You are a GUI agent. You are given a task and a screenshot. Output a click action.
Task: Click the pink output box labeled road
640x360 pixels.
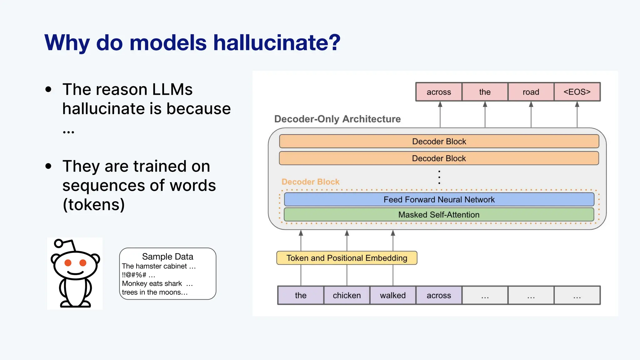pos(531,92)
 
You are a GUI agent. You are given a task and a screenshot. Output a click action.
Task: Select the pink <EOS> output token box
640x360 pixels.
pos(577,92)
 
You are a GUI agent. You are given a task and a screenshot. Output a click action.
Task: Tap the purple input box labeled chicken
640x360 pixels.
pos(347,295)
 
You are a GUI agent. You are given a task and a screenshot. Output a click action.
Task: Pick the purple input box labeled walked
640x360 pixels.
pos(393,295)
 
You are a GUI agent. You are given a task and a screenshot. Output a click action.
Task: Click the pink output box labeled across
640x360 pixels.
pos(439,92)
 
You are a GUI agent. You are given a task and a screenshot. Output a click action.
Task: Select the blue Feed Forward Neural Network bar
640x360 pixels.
pos(439,199)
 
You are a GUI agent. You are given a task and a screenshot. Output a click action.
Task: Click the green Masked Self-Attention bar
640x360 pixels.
pos(439,215)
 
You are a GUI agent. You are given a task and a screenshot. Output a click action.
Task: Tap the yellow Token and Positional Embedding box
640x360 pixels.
pos(347,258)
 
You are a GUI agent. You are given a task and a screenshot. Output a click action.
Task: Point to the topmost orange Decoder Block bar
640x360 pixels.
pos(439,141)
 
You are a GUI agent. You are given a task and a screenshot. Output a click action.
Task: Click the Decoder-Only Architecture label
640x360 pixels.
pos(337,119)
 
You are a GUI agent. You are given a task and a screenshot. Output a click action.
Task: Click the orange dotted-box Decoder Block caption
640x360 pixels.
pos(310,182)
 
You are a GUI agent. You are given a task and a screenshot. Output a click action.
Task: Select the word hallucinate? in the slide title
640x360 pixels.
pos(277,42)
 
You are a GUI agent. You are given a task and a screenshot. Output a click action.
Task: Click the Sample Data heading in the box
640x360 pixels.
pos(167,257)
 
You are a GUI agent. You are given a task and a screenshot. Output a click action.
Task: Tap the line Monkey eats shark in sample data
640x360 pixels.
pos(152,283)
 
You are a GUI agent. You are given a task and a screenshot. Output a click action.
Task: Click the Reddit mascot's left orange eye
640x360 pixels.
pos(68,263)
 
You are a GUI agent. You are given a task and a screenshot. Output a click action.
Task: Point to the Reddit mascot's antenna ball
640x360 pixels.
pos(58,243)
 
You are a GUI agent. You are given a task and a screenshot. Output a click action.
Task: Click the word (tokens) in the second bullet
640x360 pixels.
pos(94,205)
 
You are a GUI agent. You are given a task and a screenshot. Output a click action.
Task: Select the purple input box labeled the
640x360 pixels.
pos(301,295)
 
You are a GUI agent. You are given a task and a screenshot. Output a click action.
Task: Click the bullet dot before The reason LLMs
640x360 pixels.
pos(48,90)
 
